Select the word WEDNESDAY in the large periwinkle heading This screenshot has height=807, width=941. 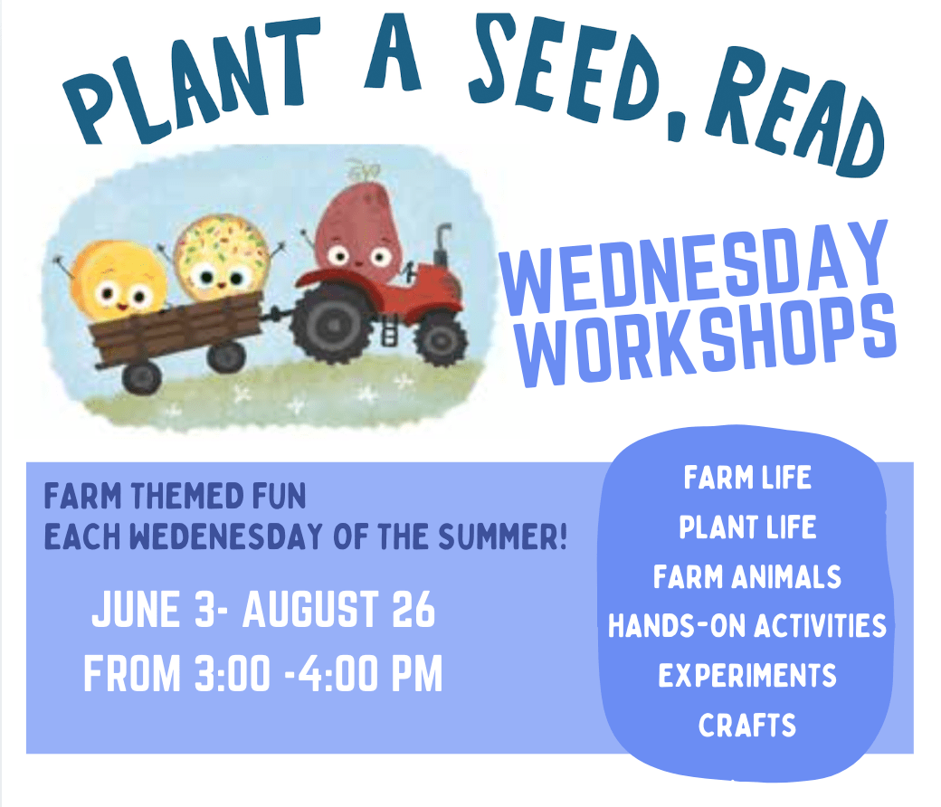click(693, 267)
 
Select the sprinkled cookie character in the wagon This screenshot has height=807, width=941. click(221, 258)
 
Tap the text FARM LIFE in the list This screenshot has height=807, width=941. click(747, 479)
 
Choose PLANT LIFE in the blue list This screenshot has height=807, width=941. click(747, 527)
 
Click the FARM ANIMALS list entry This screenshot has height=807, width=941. click(747, 577)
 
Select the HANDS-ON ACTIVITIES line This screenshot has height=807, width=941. click(747, 626)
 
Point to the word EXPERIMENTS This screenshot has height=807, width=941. click(747, 676)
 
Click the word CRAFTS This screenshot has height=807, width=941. click(747, 726)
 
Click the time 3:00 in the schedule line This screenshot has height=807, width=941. click(233, 674)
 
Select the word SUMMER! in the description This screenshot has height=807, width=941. click(502, 536)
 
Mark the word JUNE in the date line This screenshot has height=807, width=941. click(136, 610)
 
